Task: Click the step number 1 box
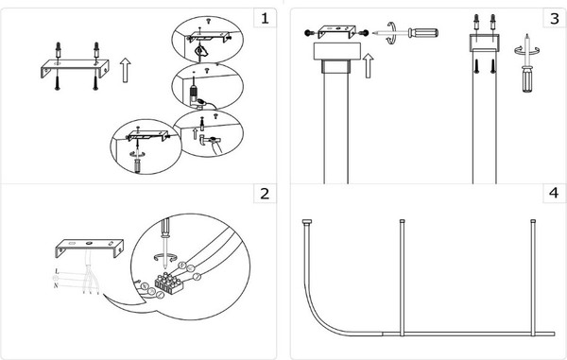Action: click(265, 18)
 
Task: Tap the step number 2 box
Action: click(265, 194)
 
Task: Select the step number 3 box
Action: click(555, 18)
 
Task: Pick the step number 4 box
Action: click(555, 194)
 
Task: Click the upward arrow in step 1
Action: click(125, 70)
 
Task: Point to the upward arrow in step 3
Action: click(368, 65)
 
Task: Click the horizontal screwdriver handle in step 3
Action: click(423, 33)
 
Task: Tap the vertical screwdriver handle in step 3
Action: click(527, 78)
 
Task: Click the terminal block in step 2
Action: click(169, 282)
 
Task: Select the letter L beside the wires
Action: click(57, 271)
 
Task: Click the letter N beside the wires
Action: click(56, 285)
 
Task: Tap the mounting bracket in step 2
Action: click(90, 248)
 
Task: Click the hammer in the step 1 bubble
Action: click(209, 139)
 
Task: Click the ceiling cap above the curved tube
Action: click(307, 221)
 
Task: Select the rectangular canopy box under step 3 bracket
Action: click(337, 51)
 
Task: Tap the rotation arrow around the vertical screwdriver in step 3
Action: click(527, 50)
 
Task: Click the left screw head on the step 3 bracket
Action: click(308, 33)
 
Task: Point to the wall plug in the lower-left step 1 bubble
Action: click(137, 165)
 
